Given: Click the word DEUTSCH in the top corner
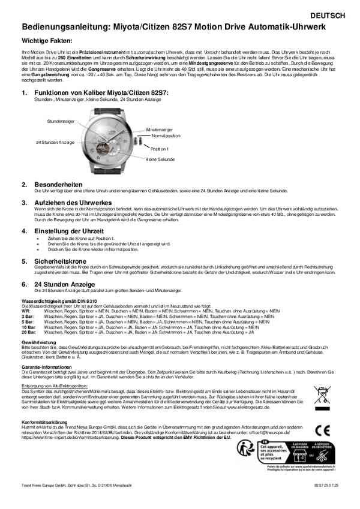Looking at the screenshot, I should pyautogui.click(x=328, y=14).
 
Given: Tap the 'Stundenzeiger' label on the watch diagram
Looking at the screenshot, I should pyautogui.click(x=61, y=121).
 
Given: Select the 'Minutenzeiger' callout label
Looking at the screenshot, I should pyautogui.click(x=159, y=129).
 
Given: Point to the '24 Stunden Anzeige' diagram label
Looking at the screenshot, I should pyautogui.click(x=55, y=142).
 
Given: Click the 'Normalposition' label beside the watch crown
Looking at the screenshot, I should pyautogui.click(x=166, y=135).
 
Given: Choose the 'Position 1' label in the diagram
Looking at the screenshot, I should pyautogui.click(x=160, y=148).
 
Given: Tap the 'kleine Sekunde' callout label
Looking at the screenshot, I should pyautogui.click(x=160, y=159).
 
